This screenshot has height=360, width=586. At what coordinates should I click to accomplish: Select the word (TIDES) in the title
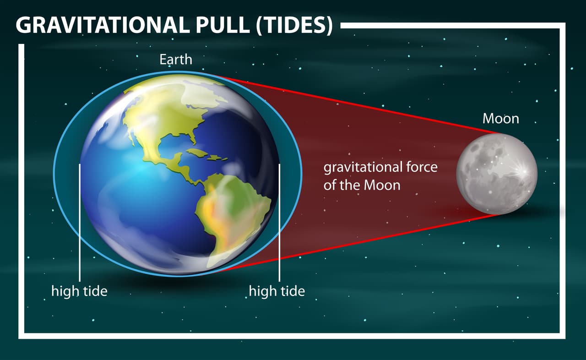294,26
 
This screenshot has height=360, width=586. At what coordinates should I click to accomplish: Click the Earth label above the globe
176,60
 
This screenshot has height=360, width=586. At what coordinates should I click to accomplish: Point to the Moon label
501,119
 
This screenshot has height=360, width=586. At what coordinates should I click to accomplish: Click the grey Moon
497,174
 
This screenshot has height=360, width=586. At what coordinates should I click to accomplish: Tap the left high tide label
79,291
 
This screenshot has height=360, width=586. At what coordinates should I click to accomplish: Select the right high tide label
277,291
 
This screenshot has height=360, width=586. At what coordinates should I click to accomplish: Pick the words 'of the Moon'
362,185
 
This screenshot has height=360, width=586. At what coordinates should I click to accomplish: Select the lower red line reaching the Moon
366,240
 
